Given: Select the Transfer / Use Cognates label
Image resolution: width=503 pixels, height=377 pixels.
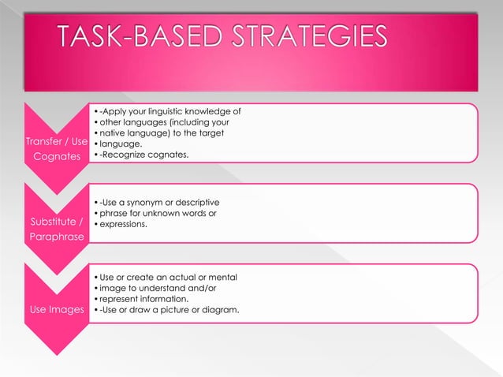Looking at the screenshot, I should point(55,149).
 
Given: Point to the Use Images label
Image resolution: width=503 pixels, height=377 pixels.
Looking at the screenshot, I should point(55,309).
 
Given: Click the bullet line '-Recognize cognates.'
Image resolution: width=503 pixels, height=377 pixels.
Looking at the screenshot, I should point(143,155).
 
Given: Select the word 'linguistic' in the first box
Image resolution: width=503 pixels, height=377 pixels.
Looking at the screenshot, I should point(176,111).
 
